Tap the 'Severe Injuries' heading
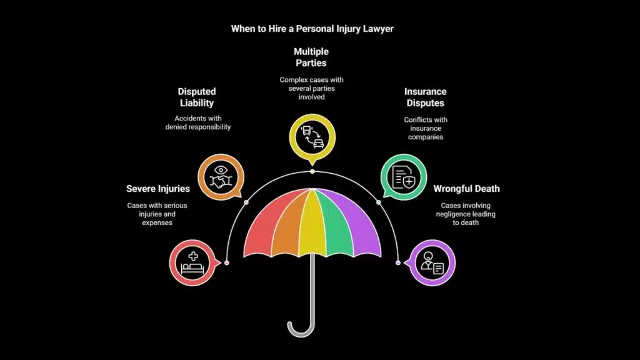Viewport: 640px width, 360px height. [x=157, y=188]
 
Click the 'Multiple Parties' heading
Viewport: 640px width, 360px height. [x=312, y=57]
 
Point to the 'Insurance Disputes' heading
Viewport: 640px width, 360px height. [x=426, y=97]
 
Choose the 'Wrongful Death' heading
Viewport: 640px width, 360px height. [x=466, y=188]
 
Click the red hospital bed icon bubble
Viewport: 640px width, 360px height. [x=192, y=262]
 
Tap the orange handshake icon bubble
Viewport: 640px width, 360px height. [x=220, y=177]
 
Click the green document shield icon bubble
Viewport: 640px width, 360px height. [x=404, y=177]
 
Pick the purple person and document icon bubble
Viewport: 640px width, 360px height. [x=431, y=262]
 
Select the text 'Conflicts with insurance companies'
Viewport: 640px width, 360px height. [x=426, y=128]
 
